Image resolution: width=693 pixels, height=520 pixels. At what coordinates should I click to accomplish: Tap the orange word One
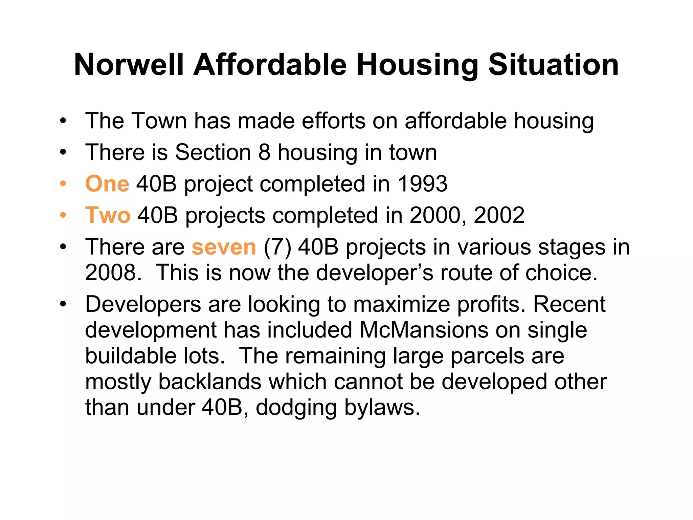tap(107, 184)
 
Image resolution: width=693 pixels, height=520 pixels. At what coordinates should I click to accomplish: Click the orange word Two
tap(108, 215)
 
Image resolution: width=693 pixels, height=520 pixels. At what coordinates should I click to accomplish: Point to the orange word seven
tap(224, 247)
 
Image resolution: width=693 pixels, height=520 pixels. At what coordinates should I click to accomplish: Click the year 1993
tap(422, 184)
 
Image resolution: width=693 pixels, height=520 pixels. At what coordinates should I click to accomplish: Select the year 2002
tap(499, 215)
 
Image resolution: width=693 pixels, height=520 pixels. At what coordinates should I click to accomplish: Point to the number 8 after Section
tap(264, 152)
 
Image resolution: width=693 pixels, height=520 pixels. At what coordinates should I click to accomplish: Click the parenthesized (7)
tap(277, 247)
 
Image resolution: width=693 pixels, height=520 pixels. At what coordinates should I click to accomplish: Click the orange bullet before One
tap(63, 184)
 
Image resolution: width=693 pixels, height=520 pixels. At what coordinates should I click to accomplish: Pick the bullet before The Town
tap(63, 121)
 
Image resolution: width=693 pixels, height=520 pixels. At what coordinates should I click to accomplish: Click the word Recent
tap(569, 304)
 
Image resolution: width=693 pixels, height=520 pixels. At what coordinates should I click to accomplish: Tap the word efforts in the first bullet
tap(334, 121)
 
